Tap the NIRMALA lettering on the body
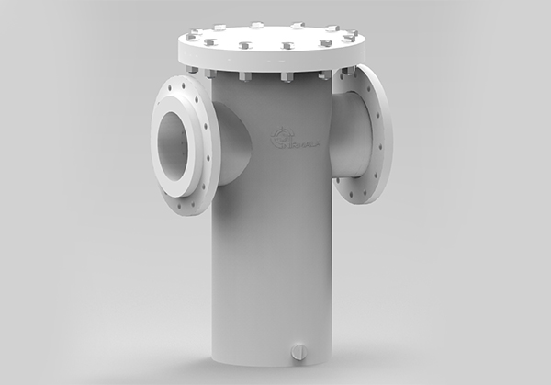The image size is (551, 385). (303, 143)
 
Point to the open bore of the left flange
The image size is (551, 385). (174, 138)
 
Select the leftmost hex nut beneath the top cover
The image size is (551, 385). (192, 68)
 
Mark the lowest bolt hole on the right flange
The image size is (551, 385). (356, 198)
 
